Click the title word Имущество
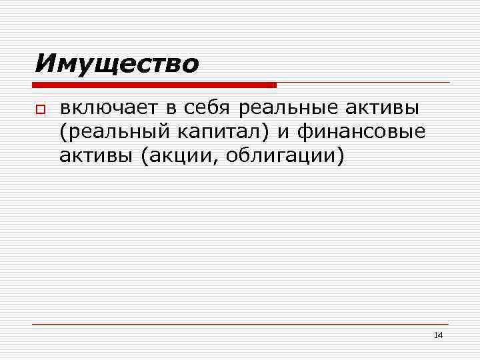tap(117, 64)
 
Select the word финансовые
tap(361, 133)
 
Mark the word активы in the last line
tap(94, 157)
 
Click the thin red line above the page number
tap(240, 324)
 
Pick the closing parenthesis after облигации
tap(341, 157)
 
